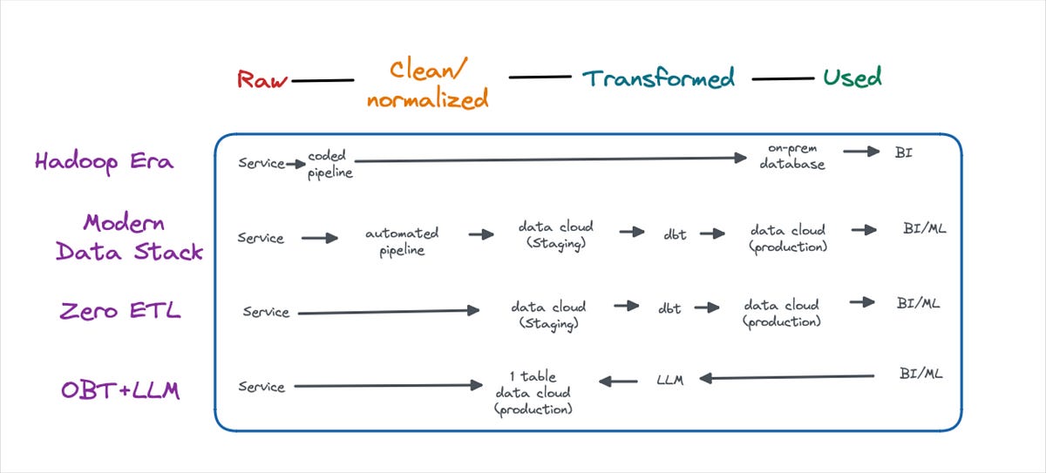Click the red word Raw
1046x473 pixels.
(262, 80)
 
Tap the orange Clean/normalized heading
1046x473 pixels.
(426, 84)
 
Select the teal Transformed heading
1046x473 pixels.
(658, 78)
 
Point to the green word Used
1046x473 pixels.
(852, 77)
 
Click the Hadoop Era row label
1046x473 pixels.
(104, 162)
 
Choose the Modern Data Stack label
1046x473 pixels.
(130, 236)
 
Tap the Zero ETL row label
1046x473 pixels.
(120, 310)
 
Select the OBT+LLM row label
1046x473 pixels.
(120, 389)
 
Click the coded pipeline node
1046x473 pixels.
(329, 164)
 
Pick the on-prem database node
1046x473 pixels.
(791, 157)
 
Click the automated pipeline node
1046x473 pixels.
(402, 241)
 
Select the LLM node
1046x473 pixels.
(670, 379)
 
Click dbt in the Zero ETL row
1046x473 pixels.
(669, 308)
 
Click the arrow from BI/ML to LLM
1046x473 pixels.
(788, 377)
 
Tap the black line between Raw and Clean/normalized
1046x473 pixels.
(323, 81)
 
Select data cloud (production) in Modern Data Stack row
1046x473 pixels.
(787, 238)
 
